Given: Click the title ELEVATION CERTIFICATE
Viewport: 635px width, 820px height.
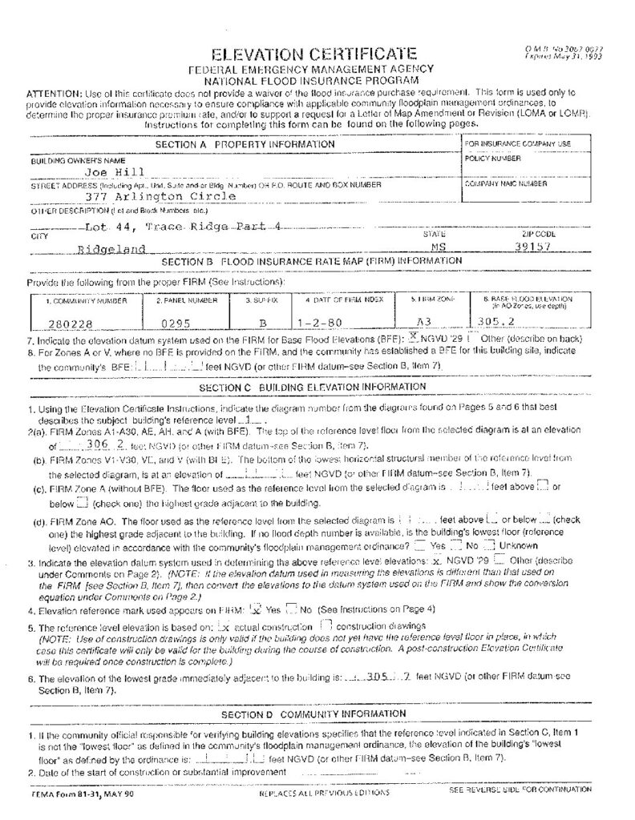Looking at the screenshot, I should [x=313, y=54].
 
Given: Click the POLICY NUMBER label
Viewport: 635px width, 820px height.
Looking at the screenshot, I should [x=492, y=159].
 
